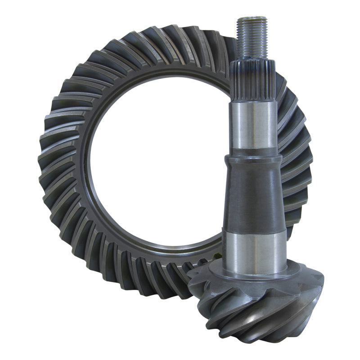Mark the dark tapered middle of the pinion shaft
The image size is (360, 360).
click(x=255, y=193)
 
